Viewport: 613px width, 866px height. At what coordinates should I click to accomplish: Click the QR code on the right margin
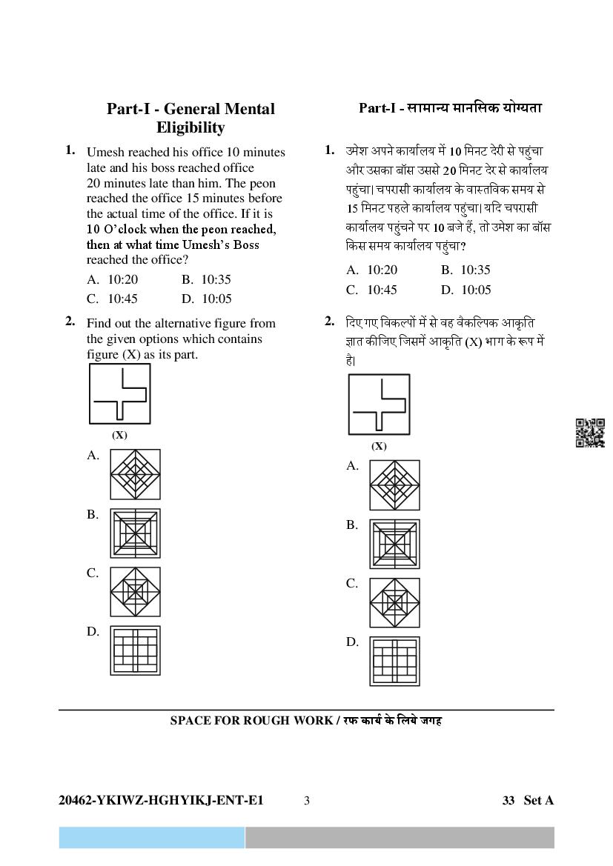[590, 433]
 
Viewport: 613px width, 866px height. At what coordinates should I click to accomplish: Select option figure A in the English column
[135, 474]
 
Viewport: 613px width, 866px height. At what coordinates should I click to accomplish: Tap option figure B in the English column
[135, 533]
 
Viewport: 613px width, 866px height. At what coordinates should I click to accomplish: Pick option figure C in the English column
[135, 591]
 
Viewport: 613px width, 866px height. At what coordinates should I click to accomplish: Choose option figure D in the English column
[135, 650]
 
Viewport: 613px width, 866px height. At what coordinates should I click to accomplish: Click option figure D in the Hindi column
[394, 661]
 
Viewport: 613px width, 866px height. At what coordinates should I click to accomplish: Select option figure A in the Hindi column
[394, 485]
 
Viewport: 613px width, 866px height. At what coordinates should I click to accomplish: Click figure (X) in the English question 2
[119, 393]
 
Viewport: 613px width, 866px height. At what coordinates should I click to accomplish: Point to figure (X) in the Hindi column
[379, 404]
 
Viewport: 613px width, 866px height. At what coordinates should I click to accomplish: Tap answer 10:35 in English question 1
[216, 280]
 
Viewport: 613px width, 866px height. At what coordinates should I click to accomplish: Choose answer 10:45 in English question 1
[122, 299]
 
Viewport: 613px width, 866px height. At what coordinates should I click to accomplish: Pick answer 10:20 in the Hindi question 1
[382, 270]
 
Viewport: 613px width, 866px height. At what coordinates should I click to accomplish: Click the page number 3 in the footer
[307, 800]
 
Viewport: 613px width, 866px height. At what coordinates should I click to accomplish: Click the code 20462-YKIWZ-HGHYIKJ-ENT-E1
[161, 800]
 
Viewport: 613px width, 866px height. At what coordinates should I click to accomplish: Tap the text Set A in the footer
[538, 800]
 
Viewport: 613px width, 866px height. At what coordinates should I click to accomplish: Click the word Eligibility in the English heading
[190, 127]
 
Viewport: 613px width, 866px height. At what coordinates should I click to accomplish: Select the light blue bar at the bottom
[152, 838]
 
